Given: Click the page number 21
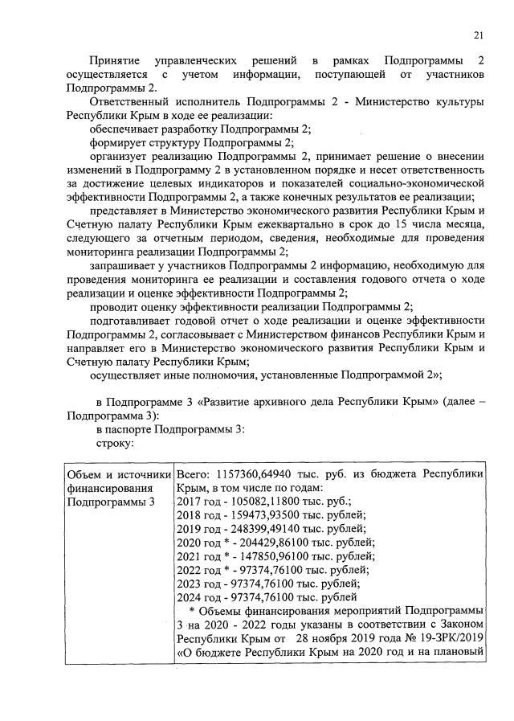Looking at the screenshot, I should tap(479, 35).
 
